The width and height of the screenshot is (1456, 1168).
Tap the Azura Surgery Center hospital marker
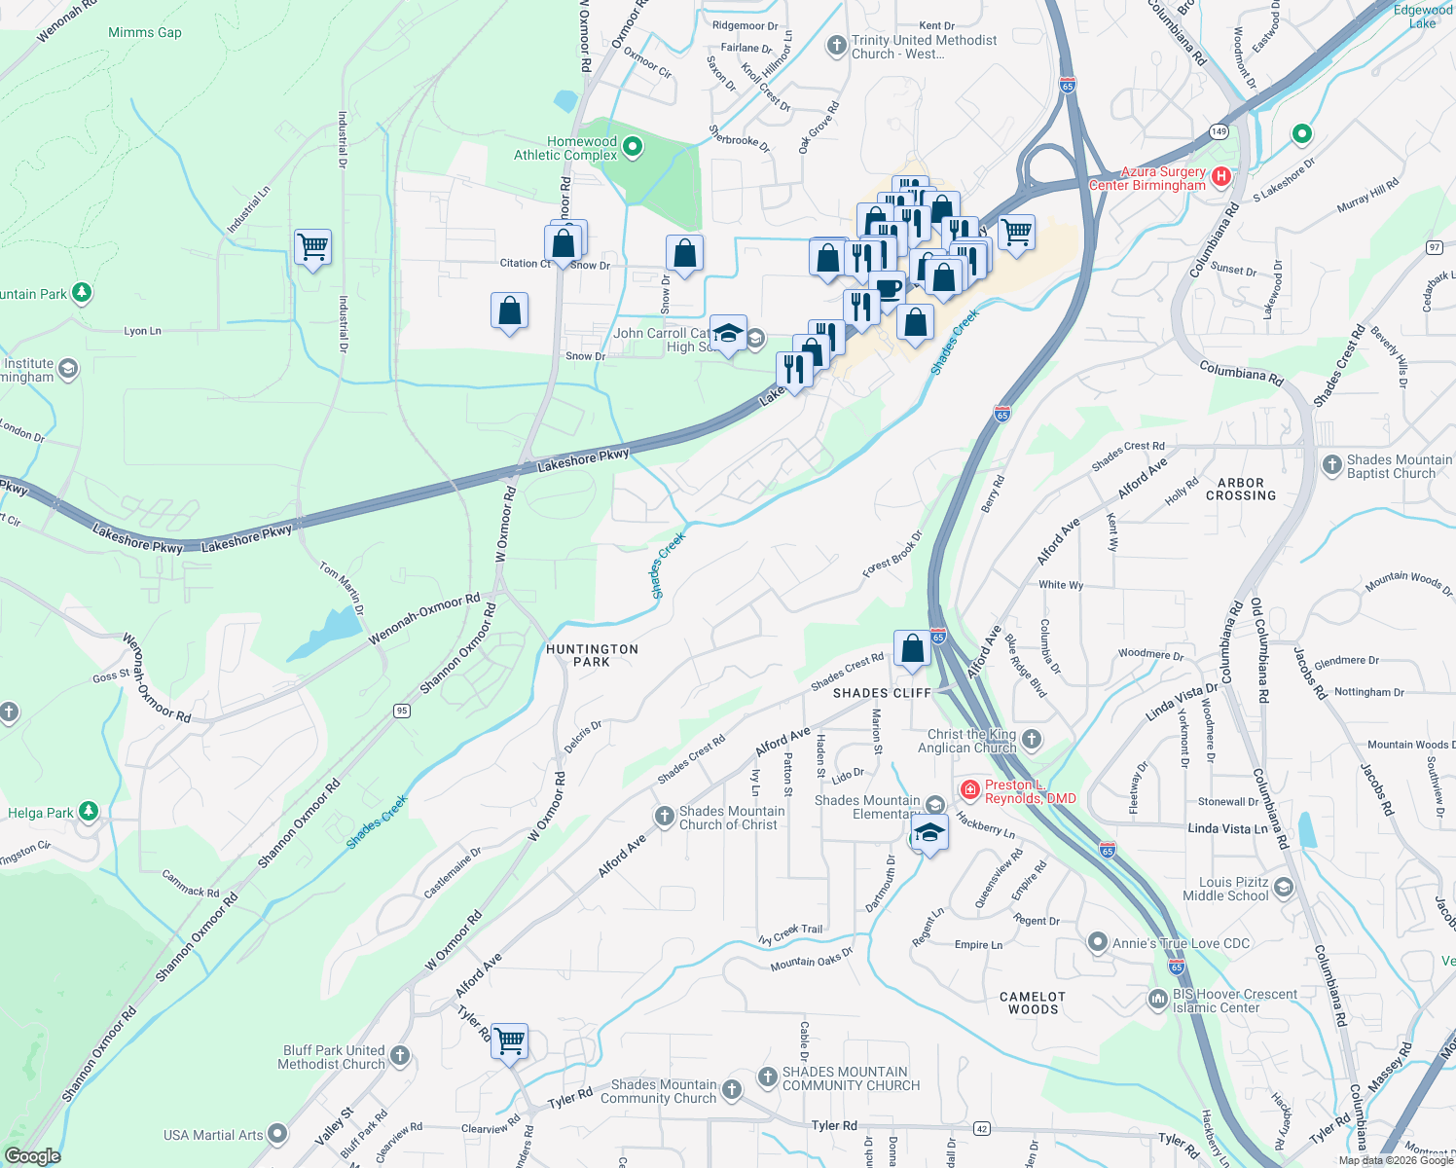tap(1221, 177)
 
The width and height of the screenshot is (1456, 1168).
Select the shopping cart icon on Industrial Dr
tap(313, 247)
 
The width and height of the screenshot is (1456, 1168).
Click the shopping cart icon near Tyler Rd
tap(510, 1041)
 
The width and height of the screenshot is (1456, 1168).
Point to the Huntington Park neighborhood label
tap(592, 655)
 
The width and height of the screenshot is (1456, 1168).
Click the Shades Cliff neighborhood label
tap(882, 693)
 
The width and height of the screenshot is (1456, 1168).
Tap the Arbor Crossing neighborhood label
tap(1241, 489)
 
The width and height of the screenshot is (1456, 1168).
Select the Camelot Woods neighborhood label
tap(1033, 1003)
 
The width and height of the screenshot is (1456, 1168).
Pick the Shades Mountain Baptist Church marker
tap(1332, 465)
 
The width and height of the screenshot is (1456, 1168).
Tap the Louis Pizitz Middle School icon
tap(1284, 887)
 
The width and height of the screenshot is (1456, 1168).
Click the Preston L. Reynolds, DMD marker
tap(969, 789)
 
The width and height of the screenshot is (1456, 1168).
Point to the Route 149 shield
tap(1219, 131)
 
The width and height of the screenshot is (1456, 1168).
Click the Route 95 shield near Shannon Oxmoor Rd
tap(402, 711)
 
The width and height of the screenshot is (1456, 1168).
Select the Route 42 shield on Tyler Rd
tap(981, 1128)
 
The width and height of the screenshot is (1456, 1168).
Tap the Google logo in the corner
tap(32, 1156)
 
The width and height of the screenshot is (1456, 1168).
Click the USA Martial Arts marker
tap(277, 1133)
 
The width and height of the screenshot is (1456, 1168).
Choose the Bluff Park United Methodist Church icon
tap(400, 1056)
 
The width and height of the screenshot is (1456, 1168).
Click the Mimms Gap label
tap(145, 32)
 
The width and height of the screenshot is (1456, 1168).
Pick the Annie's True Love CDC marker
tap(1098, 942)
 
